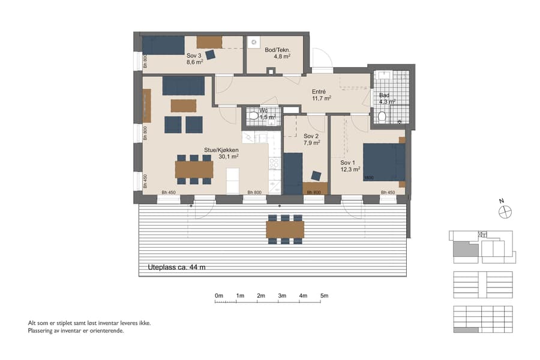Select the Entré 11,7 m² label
coord(322,94)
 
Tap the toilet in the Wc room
coord(254,115)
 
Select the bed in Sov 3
coord(163,45)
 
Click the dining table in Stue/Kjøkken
coord(194,169)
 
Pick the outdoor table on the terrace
coord(285,229)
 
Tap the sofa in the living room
coord(183,86)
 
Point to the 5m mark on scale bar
coord(324,296)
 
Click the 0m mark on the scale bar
coord(219,296)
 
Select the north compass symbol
coord(505,211)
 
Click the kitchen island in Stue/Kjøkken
coord(232,181)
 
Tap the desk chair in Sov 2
coord(316,176)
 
